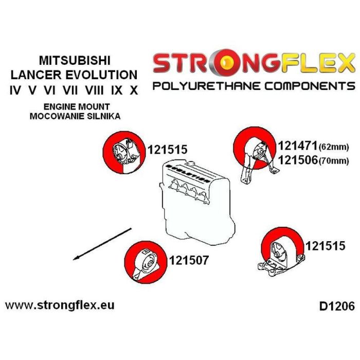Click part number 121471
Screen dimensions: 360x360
[x=298, y=146]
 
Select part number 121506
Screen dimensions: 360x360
[x=298, y=160]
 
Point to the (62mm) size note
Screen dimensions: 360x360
[x=334, y=147]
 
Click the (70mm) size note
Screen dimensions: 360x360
[x=334, y=161]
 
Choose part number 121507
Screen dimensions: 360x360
[x=189, y=261]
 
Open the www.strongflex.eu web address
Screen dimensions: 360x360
[x=60, y=305]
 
